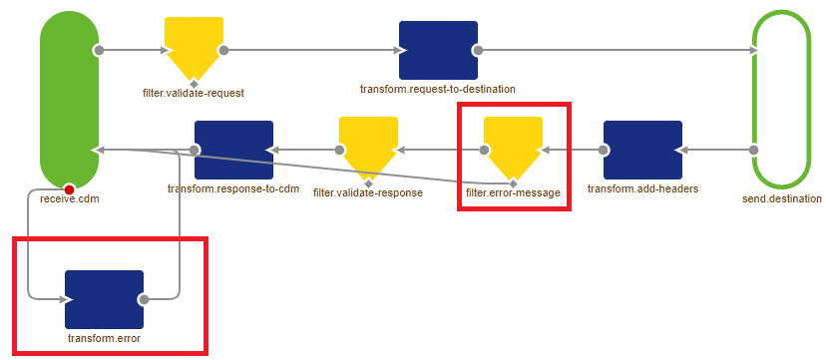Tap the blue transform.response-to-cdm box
(233, 150)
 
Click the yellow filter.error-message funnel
(513, 147)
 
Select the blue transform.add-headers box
(642, 150)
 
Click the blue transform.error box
(104, 298)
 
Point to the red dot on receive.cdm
(69, 188)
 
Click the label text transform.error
(104, 339)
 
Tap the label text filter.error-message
(513, 191)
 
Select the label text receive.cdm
(69, 199)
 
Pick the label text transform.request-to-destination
(438, 89)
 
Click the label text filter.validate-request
(194, 93)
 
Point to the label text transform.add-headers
(642, 189)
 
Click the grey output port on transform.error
(144, 298)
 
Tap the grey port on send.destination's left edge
(754, 150)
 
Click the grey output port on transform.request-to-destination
(478, 49)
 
